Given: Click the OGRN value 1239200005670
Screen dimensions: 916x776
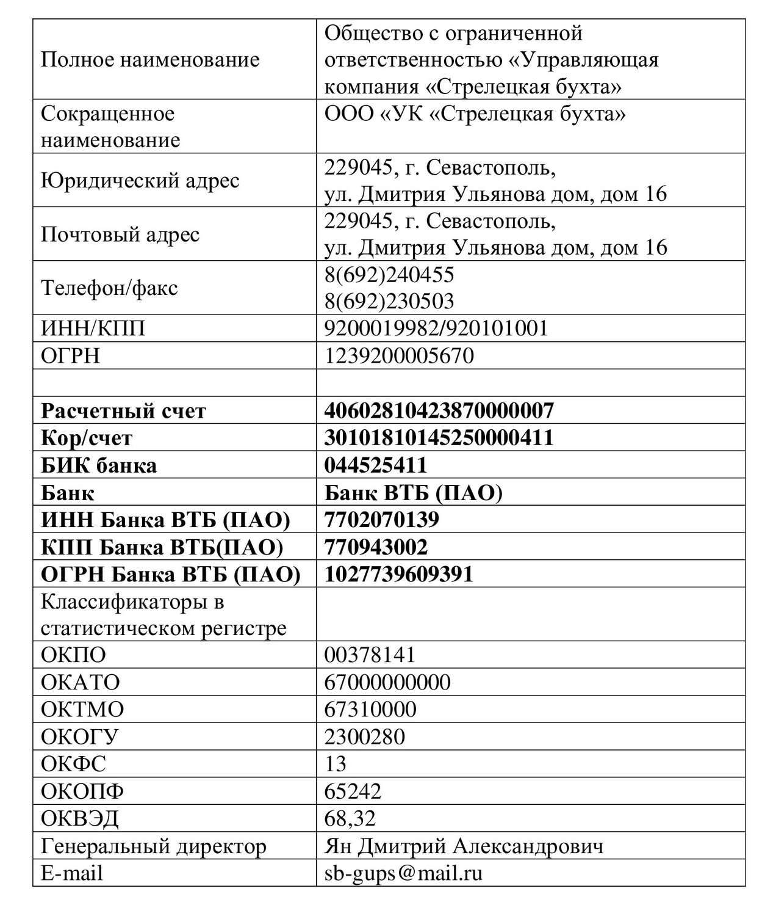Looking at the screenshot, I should click(399, 355).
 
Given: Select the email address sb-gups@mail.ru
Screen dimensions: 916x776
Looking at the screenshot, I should click(403, 873).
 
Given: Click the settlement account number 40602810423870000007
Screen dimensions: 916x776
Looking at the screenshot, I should click(439, 410).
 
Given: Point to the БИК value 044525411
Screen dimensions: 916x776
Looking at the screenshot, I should click(376, 465).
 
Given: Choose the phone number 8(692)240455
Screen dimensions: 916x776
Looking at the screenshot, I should click(389, 275).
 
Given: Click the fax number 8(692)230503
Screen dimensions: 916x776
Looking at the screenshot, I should click(389, 301).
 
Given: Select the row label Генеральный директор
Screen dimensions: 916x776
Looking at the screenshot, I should click(154, 846).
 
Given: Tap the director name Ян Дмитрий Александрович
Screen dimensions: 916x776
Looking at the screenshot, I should click(464, 846).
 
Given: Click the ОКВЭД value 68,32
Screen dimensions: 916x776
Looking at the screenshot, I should click(350, 818).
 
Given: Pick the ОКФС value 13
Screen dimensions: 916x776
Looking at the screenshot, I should click(336, 763).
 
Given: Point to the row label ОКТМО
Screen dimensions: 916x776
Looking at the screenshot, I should click(82, 709).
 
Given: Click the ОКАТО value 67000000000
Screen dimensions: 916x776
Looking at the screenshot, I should click(387, 682).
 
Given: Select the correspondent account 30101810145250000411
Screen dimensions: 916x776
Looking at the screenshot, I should click(439, 438).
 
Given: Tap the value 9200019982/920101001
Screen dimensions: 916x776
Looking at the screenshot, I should click(436, 329).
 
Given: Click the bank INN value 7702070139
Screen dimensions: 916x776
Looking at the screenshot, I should click(382, 520).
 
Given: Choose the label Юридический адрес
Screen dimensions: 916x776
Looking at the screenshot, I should click(140, 180).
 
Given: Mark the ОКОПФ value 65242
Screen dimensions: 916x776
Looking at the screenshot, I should click(353, 791).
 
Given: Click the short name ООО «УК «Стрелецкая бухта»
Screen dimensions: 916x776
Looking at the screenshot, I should click(475, 114).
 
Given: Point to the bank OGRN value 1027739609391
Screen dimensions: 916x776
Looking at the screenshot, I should click(399, 574).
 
